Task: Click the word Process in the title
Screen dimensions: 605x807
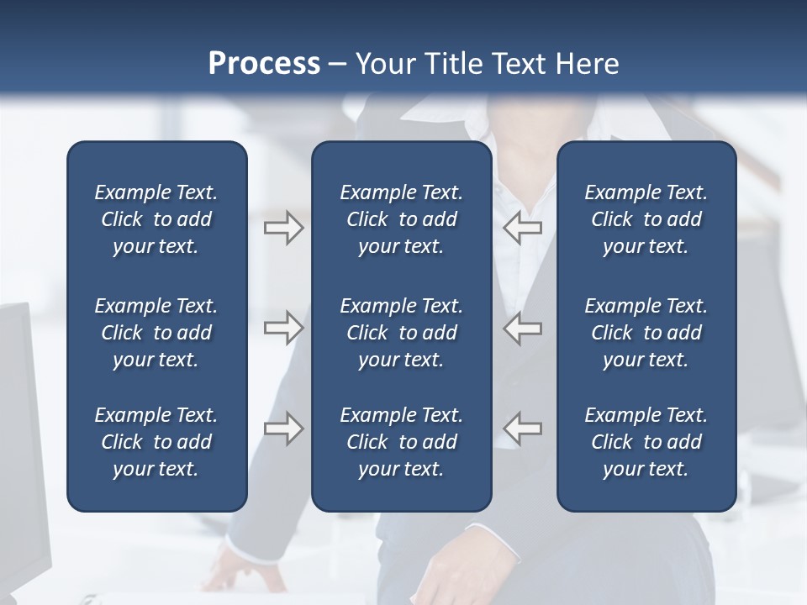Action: coord(264,63)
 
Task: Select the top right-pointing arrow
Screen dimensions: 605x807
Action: coord(283,228)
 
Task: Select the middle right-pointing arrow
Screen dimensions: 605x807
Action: coord(283,328)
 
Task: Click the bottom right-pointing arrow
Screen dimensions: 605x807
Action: coord(283,428)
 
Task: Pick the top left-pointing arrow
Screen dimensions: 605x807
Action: coord(523,228)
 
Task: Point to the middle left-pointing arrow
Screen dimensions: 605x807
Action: coord(523,328)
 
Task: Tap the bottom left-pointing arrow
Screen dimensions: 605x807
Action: coord(523,428)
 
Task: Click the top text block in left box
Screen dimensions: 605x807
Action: coord(156,219)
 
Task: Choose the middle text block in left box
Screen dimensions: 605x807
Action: coord(156,333)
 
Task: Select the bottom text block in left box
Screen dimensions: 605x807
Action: coord(156,442)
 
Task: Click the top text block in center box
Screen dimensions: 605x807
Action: coord(401,219)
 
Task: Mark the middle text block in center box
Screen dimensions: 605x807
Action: coord(401,333)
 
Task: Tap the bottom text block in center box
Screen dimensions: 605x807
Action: coord(401,442)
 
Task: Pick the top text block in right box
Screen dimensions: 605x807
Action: coord(646,219)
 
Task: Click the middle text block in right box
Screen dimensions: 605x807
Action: coord(646,333)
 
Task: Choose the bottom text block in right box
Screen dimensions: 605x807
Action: coord(646,442)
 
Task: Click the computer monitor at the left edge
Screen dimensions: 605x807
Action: coord(21,437)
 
